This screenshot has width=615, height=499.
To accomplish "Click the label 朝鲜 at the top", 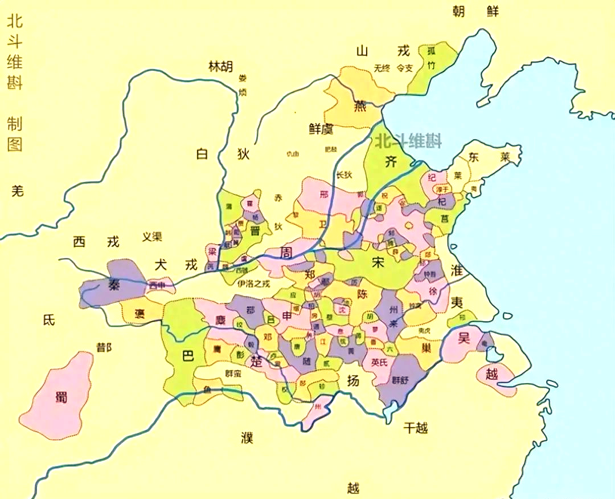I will [475, 11].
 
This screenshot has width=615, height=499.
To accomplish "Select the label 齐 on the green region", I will [391, 161].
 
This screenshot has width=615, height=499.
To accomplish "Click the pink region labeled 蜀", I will [61, 396].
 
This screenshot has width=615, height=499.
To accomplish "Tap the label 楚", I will [257, 360].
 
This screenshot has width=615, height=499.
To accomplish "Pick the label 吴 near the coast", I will [464, 338].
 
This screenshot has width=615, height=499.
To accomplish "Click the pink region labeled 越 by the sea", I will [492, 375].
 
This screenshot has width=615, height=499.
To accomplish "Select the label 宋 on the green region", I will [378, 263].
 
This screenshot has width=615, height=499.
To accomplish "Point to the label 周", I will [286, 253].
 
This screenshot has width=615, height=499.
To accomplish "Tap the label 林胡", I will [220, 67].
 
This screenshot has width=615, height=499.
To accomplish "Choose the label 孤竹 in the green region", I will [431, 58].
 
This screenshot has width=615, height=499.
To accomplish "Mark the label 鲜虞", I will [321, 129].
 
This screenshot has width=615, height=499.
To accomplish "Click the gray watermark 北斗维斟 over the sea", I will [408, 140].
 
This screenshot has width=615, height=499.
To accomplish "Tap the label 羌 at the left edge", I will [18, 191].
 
